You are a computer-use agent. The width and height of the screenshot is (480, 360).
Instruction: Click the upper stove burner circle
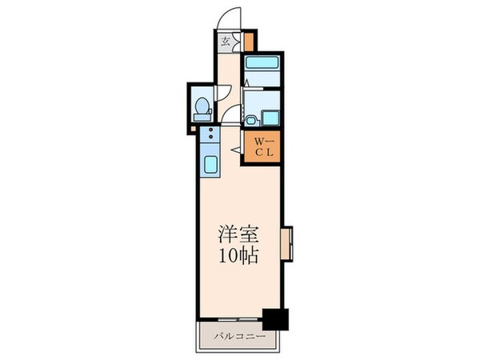point(210,130)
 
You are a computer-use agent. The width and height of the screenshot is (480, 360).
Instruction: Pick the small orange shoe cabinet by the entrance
point(249,40)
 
